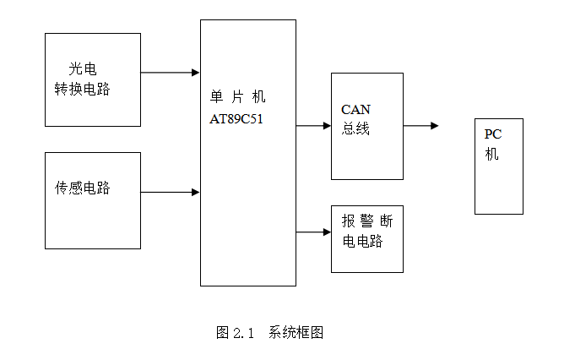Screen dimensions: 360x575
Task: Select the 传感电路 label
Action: point(83,188)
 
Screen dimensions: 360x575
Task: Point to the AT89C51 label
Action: point(236,119)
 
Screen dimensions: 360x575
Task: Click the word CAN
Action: point(355,110)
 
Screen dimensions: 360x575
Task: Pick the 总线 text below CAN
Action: point(355,129)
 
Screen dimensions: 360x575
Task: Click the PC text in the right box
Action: point(493,134)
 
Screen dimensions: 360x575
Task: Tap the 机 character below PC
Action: point(491,154)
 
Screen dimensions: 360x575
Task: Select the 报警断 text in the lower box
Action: point(366,221)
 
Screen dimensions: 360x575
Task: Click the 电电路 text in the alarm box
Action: point(362,242)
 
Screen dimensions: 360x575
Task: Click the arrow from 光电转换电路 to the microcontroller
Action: point(170,73)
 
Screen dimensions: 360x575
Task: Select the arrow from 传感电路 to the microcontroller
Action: point(170,192)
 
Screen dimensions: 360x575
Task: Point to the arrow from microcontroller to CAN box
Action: point(313,126)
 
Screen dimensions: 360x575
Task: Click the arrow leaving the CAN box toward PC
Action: point(420,126)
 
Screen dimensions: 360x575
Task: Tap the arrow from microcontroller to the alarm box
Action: point(313,232)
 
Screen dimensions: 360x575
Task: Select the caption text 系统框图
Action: point(296,332)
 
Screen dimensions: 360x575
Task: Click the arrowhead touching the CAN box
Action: point(326,126)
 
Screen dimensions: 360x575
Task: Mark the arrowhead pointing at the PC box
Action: point(434,126)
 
